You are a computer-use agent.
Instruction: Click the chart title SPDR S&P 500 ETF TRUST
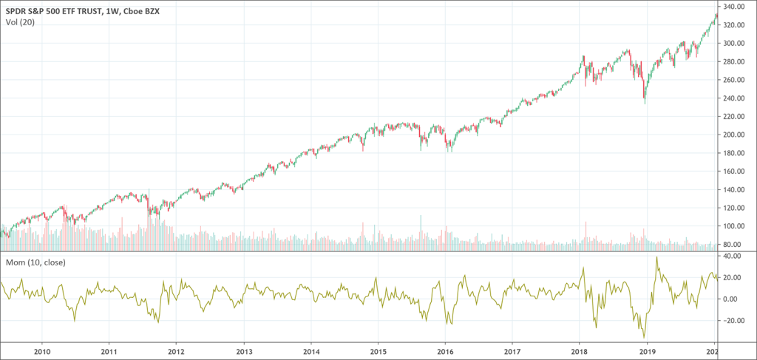click(x=55, y=9)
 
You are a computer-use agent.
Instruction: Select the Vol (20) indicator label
click(x=18, y=21)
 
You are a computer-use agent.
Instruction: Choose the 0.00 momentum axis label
click(x=731, y=299)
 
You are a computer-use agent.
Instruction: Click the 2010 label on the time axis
click(x=42, y=353)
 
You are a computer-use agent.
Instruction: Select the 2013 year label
click(x=244, y=353)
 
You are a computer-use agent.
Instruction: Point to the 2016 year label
click(x=445, y=353)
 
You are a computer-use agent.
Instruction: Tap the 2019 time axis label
click(x=647, y=353)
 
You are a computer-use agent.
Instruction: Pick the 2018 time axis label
click(x=580, y=353)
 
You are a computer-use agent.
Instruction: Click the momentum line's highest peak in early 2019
click(x=656, y=257)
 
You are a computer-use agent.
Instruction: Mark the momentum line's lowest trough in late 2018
click(x=644, y=337)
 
